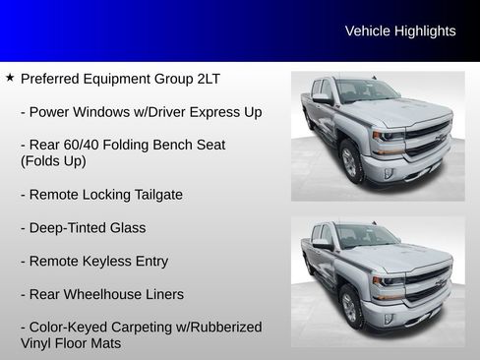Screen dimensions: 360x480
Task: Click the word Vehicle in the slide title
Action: [x=367, y=31]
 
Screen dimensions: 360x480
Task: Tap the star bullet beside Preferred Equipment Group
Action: [x=10, y=77]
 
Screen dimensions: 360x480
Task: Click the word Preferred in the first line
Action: [x=51, y=78]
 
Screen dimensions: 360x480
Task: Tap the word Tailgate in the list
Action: [x=154, y=195]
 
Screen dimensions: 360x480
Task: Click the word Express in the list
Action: [x=215, y=111]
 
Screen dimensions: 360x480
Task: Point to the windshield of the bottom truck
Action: [x=365, y=236]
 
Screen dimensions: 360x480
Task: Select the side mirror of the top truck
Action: [x=322, y=98]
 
